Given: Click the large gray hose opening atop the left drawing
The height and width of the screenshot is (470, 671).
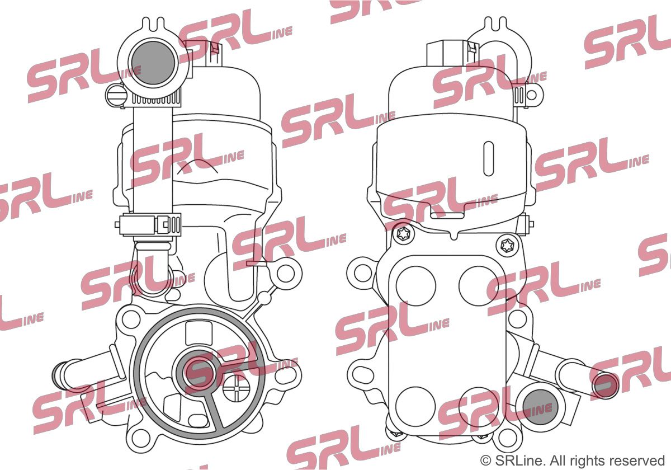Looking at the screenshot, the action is click(153, 63).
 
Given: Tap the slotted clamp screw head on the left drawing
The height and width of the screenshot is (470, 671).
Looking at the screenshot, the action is click(115, 95).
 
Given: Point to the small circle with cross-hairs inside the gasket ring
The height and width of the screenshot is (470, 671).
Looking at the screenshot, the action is click(236, 389).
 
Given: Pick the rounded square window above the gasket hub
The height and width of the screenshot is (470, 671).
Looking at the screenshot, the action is click(199, 333).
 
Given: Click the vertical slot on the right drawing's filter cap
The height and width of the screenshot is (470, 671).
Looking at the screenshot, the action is click(489, 158).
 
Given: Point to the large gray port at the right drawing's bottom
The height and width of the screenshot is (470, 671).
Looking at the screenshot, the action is click(540, 407).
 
